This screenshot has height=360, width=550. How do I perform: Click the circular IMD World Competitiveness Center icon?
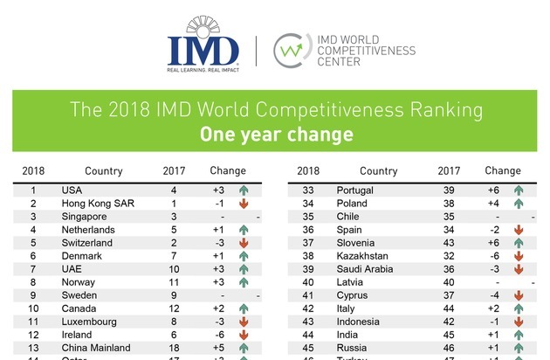[291, 51]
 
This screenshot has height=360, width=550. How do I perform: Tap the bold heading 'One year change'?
[274, 135]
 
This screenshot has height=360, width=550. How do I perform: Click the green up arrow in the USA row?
[244, 190]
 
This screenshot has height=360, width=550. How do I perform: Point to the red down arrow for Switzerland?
[244, 243]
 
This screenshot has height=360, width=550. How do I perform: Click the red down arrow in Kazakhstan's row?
[519, 256]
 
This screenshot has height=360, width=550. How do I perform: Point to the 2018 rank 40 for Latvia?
[308, 282]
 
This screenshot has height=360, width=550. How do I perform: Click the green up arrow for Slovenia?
[519, 243]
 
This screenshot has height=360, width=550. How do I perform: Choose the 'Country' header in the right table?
[379, 171]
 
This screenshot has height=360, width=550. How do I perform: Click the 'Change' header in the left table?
[229, 171]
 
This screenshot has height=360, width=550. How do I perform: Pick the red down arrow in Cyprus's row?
[519, 295]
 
